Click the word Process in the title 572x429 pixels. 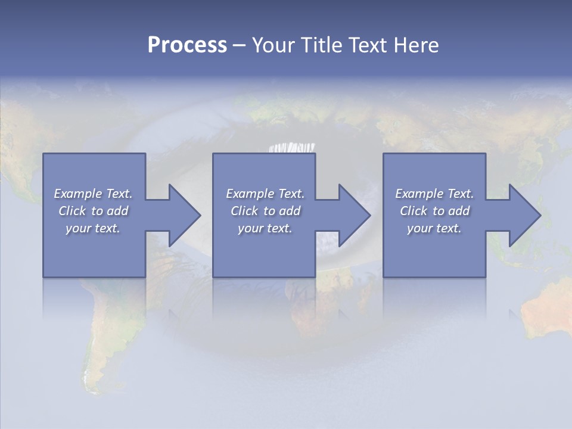tap(187, 45)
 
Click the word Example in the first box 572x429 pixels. tap(78, 194)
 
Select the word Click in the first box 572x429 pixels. tap(72, 211)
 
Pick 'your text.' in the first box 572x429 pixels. tap(93, 228)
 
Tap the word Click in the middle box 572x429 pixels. tap(244, 211)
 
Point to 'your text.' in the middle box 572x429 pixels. tap(265, 228)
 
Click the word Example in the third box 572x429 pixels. tap(419, 194)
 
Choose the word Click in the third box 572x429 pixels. tap(414, 211)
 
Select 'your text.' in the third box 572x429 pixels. tap(434, 228)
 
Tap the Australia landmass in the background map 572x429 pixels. tap(545, 310)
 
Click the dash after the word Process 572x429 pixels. tap(239, 45)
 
